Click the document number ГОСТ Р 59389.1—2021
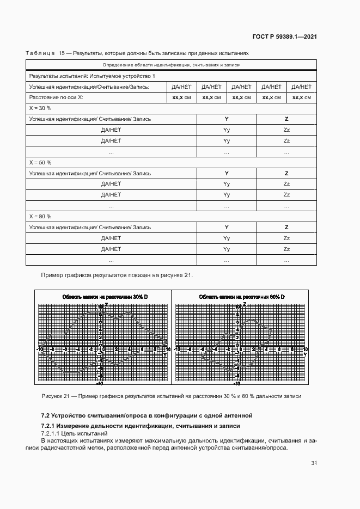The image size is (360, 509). coord(285,36)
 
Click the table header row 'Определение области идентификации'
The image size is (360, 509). coord(171,65)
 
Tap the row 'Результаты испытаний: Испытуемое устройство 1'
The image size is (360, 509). coord(92,76)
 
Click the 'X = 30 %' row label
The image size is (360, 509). coord(40,108)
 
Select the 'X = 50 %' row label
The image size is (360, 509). coord(40,162)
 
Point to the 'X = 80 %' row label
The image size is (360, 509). coord(40,216)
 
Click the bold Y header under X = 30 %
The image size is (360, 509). coord(227,119)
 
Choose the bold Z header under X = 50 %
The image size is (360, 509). coord(286,173)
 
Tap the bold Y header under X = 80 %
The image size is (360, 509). coord(227,227)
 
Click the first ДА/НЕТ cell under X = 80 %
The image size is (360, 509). coord(111,238)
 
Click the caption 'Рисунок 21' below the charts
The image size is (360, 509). coord(55,396)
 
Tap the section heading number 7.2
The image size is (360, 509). coord(46,416)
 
